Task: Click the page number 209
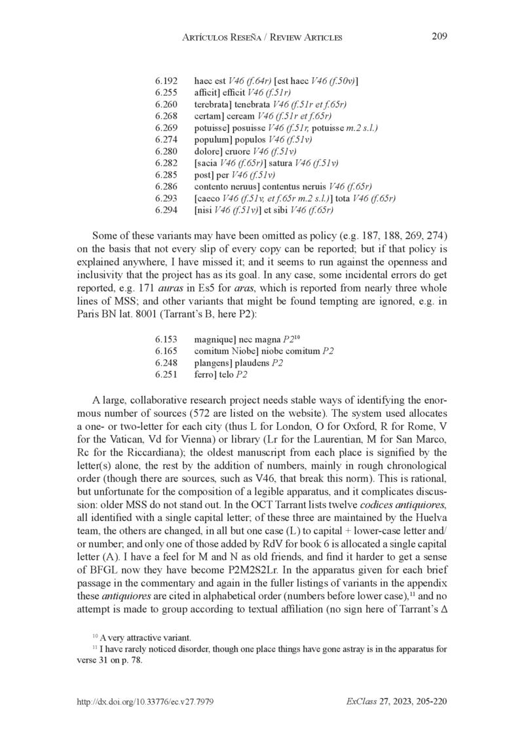439,36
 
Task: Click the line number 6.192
166,81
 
